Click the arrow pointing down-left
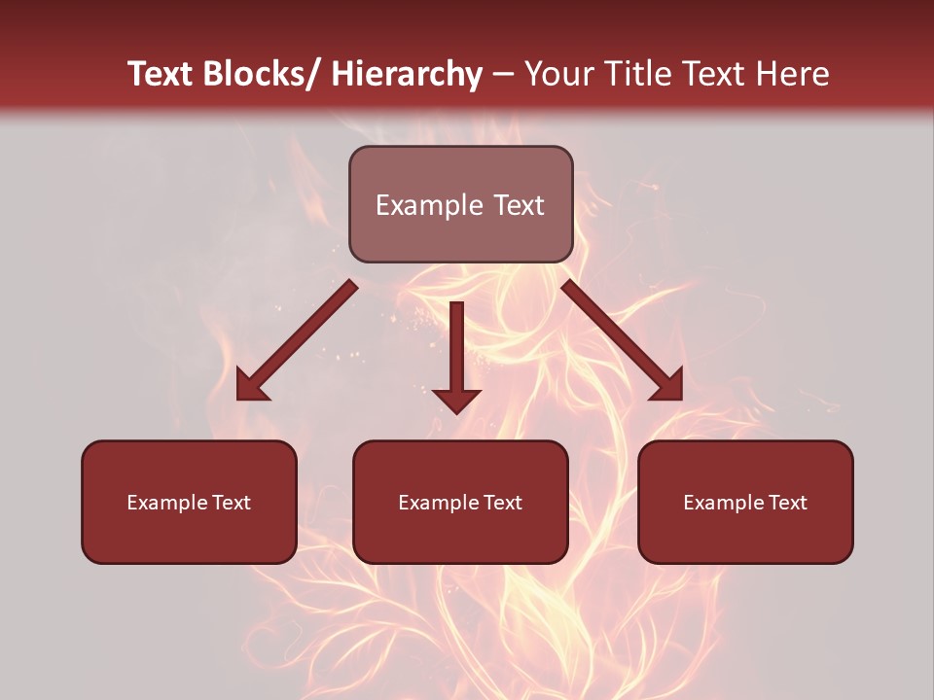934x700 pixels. click(297, 340)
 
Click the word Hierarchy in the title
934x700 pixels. click(407, 74)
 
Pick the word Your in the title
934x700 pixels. click(558, 74)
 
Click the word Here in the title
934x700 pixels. click(794, 74)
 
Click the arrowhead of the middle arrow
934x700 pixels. click(456, 400)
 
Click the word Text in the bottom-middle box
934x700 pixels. click(501, 503)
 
